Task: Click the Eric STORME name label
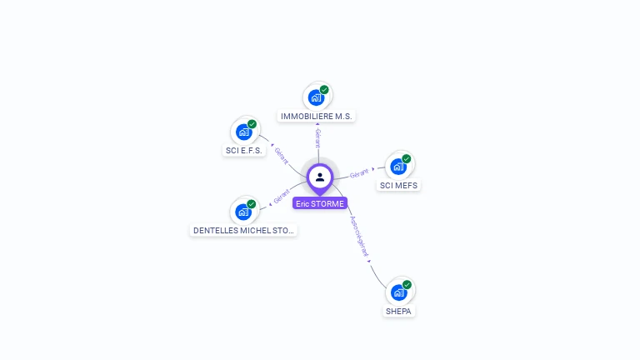[x=319, y=203]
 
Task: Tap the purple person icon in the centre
[x=320, y=177]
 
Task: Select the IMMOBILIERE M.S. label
[x=317, y=117]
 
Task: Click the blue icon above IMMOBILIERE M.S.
[x=317, y=97]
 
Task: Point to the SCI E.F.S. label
[x=244, y=151]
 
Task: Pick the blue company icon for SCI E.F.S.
[x=244, y=132]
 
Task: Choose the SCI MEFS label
[x=398, y=185]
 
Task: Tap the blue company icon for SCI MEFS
[x=398, y=167]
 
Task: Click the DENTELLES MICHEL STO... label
[x=243, y=230]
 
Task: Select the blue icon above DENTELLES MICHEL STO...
[x=243, y=212]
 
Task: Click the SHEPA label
[x=399, y=311]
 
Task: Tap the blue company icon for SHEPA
[x=399, y=292]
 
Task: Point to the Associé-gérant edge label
[x=361, y=235]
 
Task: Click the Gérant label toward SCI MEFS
[x=360, y=173]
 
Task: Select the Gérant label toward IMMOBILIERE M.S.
[x=317, y=137]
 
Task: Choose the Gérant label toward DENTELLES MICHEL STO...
[x=282, y=197]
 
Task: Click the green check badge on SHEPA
[x=407, y=285]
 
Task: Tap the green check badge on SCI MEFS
[x=407, y=159]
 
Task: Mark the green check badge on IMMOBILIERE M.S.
[x=324, y=90]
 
